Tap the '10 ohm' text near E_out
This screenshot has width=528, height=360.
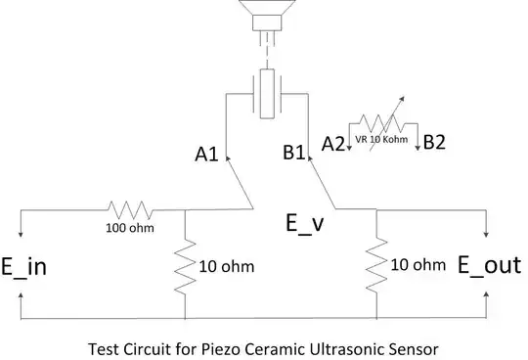click(418, 265)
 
